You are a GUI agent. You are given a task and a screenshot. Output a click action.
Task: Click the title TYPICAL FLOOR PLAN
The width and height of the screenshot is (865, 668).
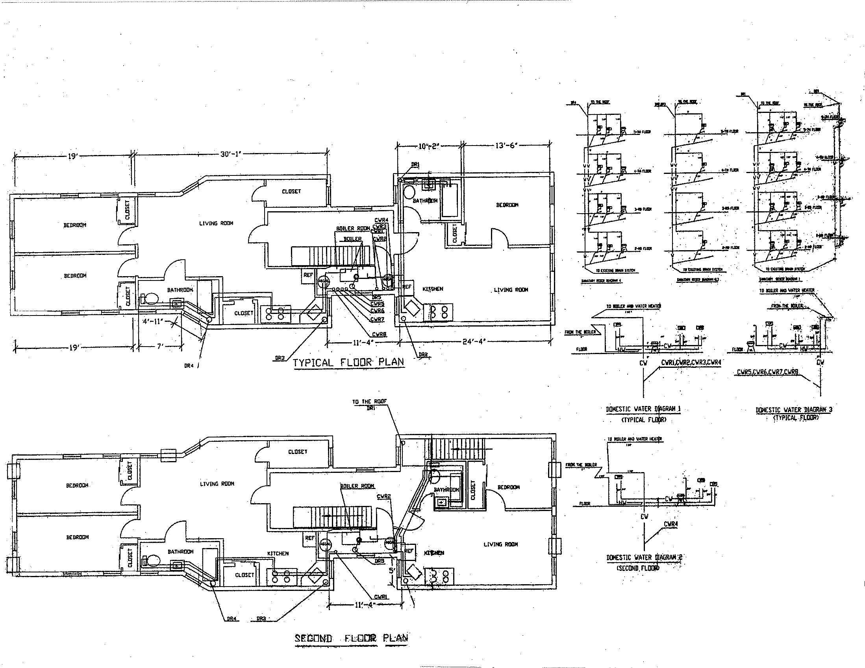348,362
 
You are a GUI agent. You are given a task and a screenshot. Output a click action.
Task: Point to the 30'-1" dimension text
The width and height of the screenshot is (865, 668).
230,154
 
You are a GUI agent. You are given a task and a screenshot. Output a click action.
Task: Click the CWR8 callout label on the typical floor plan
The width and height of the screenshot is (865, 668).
379,334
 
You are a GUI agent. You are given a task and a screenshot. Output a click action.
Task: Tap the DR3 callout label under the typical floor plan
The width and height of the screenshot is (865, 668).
280,358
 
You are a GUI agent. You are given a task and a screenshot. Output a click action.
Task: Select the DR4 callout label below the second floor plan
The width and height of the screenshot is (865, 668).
231,619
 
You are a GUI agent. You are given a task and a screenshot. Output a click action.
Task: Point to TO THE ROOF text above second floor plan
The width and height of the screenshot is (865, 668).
369,402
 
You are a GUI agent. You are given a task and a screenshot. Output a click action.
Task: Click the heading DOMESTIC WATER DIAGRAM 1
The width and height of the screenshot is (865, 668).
643,409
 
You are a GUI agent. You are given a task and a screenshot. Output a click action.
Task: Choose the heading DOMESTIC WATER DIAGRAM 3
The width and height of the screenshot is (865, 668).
794,410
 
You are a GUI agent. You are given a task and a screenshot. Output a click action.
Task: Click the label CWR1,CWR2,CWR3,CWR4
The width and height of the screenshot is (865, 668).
691,362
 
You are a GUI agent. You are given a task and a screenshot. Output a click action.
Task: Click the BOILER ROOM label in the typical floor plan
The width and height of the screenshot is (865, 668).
352,228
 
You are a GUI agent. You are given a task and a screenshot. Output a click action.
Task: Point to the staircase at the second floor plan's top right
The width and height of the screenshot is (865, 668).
456,449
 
